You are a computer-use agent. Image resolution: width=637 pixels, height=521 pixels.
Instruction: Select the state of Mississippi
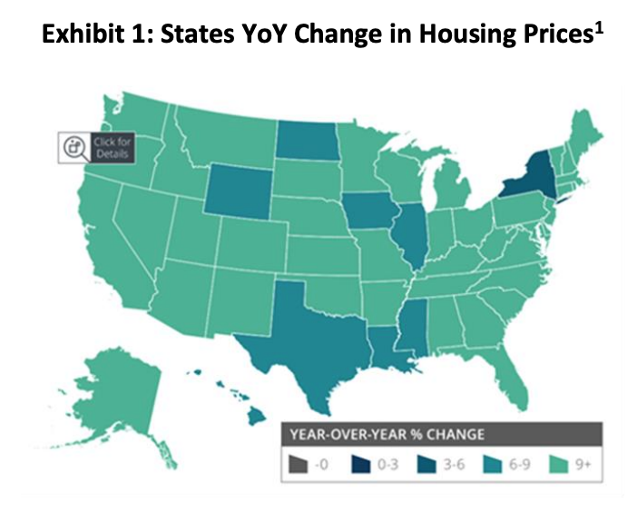click(412, 335)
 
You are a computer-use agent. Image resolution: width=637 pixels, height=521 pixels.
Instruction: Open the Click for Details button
click(95, 146)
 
